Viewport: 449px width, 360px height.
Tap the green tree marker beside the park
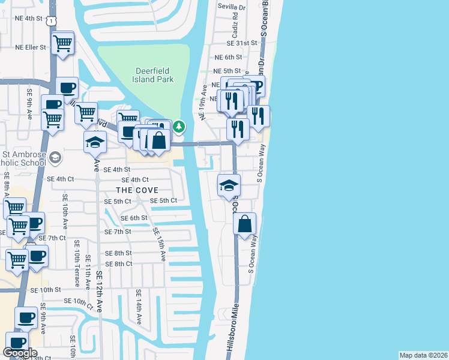(179, 127)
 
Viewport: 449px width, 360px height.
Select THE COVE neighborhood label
(137, 190)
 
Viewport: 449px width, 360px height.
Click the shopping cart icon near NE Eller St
(62, 44)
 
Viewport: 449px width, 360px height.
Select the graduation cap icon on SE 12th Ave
(95, 142)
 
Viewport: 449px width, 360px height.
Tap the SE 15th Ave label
(159, 243)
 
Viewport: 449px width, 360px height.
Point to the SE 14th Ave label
(138, 307)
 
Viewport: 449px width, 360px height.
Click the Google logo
(20, 353)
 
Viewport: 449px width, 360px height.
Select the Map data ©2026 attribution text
(423, 355)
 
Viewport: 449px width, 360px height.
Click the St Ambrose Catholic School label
(24, 158)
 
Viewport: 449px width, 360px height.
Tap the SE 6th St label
(134, 218)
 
